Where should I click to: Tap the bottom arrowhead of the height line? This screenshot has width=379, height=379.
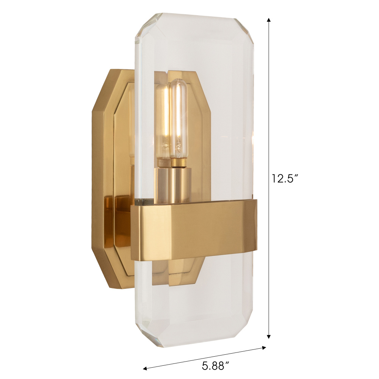pos(269,337)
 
